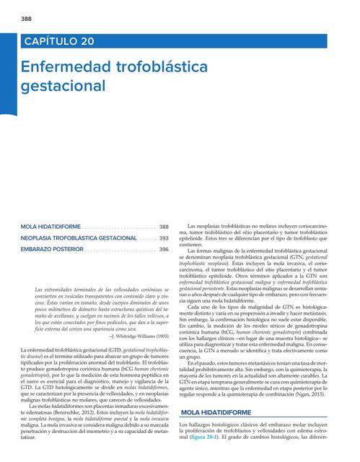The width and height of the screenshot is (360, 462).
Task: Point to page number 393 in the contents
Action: point(164,237)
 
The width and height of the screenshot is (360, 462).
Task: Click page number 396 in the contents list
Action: point(164,249)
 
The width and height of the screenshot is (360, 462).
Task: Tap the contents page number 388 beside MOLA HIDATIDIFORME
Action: point(164,227)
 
